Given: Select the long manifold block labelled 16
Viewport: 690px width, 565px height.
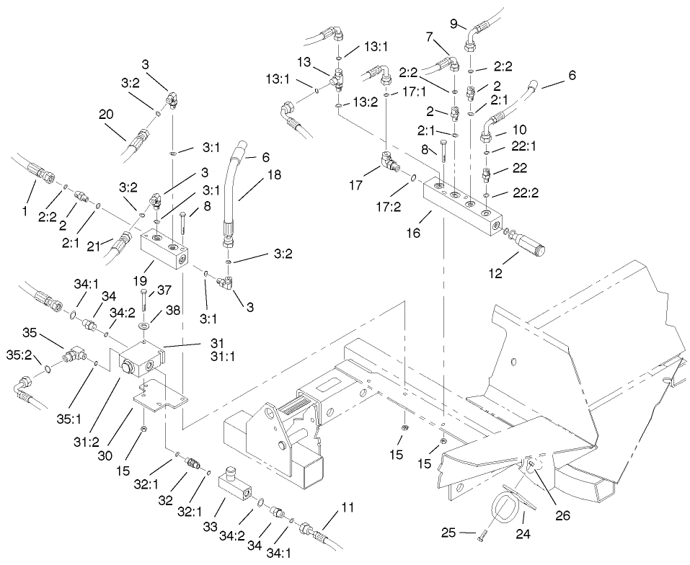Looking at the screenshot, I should [462, 206].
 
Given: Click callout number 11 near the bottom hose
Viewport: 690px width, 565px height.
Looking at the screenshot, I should [348, 508].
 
